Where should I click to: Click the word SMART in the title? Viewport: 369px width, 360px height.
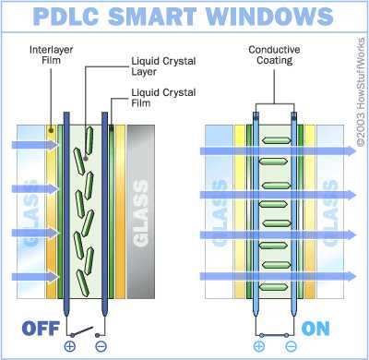click(152, 16)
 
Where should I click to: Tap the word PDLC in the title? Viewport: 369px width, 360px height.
click(66, 16)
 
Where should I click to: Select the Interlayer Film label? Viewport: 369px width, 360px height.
click(52, 54)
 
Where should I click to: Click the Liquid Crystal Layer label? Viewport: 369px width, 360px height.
click(163, 66)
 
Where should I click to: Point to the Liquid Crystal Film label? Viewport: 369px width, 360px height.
click(163, 98)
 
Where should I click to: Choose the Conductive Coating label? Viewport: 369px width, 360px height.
click(274, 54)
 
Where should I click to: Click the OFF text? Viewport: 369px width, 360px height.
click(41, 329)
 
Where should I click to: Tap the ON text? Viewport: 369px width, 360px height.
click(315, 329)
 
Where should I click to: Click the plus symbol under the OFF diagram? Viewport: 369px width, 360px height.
click(70, 346)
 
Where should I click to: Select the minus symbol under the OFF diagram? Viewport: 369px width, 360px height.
click(101, 346)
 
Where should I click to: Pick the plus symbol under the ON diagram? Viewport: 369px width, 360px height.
click(259, 346)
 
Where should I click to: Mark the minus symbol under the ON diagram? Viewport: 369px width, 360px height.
click(291, 346)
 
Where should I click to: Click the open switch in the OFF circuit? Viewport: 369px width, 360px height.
click(84, 332)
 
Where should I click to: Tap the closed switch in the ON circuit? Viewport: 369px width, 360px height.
click(274, 335)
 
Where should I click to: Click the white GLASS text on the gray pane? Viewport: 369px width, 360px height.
click(141, 213)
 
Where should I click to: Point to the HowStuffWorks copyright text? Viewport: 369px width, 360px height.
click(361, 92)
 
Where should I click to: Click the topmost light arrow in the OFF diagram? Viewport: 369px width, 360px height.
click(35, 144)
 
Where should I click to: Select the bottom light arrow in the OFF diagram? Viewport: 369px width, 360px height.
click(35, 277)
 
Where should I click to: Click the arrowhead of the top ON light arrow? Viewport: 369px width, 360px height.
click(351, 150)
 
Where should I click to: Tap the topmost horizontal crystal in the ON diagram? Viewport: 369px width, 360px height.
click(276, 140)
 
